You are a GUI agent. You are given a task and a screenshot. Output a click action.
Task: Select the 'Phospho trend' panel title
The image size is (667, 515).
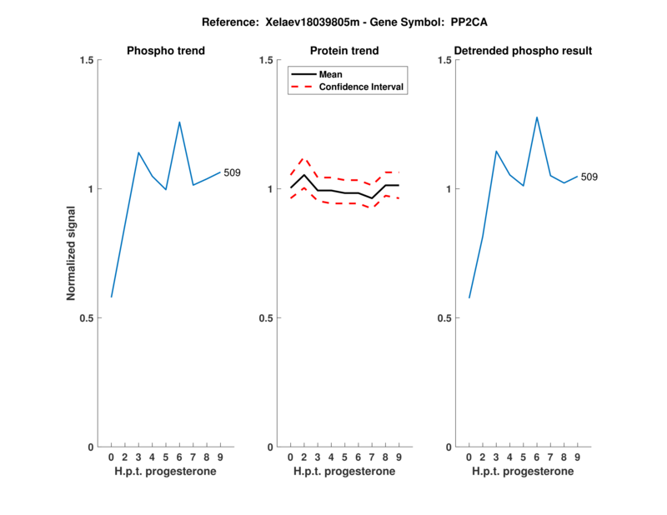tap(166, 51)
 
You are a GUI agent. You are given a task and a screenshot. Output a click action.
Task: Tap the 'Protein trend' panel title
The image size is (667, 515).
tap(345, 51)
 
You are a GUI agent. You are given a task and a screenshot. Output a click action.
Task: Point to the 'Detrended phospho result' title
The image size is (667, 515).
tap(524, 51)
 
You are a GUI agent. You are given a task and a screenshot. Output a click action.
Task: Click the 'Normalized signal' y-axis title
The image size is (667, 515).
tap(72, 253)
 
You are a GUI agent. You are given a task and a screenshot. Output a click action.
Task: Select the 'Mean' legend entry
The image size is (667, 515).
tap(331, 74)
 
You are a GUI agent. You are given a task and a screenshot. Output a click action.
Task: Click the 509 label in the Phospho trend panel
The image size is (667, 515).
tap(233, 172)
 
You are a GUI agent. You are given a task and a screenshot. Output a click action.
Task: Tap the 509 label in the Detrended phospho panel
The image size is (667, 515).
tap(589, 177)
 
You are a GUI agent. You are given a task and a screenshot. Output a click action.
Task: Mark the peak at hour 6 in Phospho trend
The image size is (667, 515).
tap(179, 122)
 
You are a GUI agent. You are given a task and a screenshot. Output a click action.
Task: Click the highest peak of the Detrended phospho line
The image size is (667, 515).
tap(537, 117)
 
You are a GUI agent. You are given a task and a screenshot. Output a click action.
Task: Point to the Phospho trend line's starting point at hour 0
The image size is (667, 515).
tap(111, 297)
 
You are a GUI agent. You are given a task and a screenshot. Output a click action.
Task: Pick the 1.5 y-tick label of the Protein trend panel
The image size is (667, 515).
tap(267, 60)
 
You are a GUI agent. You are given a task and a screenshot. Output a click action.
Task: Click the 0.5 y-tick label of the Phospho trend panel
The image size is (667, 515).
tap(88, 318)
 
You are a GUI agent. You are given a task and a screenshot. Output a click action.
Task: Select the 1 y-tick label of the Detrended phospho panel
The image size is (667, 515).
tap(449, 189)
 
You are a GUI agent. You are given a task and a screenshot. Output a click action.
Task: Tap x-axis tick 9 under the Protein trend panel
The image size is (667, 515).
tap(399, 457)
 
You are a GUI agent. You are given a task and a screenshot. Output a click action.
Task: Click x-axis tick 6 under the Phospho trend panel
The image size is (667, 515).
tap(179, 457)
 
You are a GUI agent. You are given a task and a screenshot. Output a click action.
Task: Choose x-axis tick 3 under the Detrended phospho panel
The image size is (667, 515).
tap(496, 457)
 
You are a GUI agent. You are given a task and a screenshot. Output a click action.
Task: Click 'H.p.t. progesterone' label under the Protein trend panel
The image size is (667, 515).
tap(345, 472)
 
